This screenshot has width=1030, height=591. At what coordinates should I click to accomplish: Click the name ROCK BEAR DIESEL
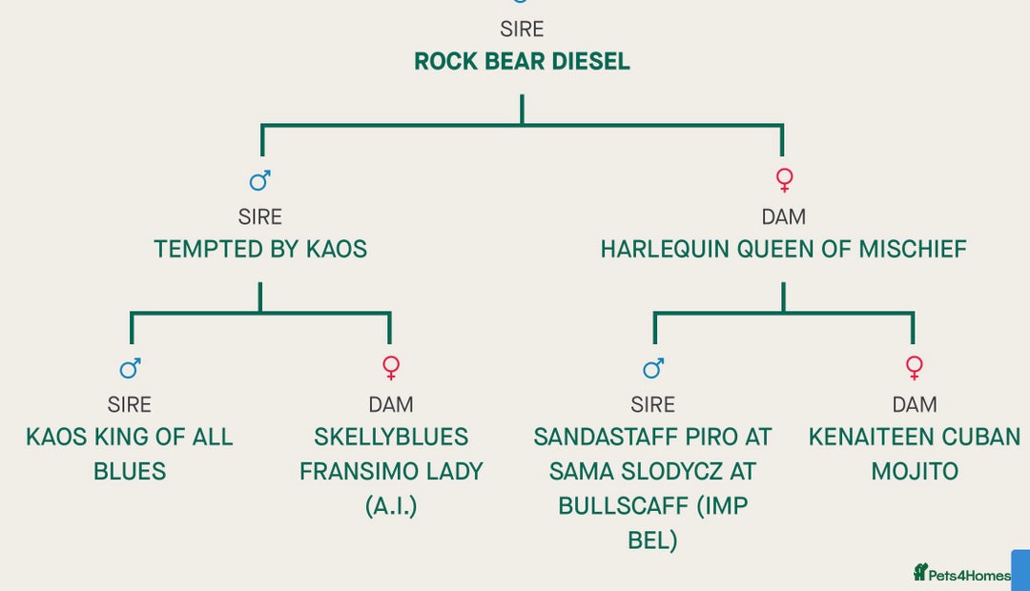coord(522,62)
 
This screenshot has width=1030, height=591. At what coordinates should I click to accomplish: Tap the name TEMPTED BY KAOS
coord(260,250)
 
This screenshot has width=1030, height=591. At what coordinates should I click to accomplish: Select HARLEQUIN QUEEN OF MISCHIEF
coord(783,250)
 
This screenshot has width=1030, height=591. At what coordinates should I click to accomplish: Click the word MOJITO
coord(915,472)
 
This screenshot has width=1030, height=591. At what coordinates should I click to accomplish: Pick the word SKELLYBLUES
coord(391,438)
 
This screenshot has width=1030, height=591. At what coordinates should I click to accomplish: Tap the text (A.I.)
coord(391,506)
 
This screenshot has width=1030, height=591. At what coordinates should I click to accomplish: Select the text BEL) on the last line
coord(652,540)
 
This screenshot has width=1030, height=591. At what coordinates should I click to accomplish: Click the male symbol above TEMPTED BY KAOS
coord(259,180)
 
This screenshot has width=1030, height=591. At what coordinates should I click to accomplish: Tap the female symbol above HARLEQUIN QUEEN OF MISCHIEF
coord(784,179)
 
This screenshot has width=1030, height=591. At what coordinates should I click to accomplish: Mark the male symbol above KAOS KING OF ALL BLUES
coord(130,368)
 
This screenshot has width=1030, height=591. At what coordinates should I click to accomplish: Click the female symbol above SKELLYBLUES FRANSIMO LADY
coord(390,367)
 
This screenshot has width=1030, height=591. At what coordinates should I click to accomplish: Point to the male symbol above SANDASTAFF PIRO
coord(653,368)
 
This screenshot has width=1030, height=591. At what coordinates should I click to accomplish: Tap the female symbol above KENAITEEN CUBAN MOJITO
coord(914,367)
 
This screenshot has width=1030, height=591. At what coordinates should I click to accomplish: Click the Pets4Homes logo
coord(961,574)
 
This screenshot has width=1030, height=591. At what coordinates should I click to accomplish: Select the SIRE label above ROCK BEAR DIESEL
coord(522,30)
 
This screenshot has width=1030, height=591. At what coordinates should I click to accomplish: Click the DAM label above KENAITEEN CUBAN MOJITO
coord(915,405)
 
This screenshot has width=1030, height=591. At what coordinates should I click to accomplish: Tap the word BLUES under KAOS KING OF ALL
coord(130,472)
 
